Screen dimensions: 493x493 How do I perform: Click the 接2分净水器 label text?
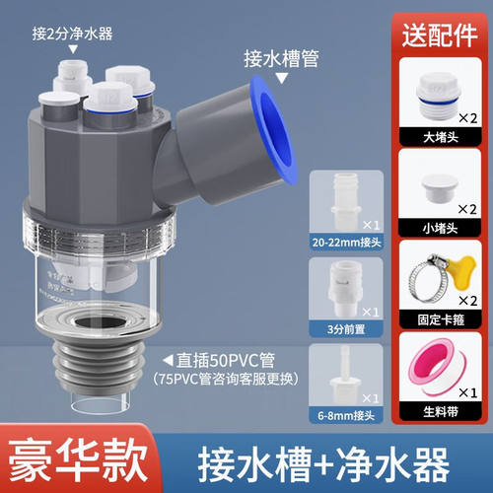click(72, 33)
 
